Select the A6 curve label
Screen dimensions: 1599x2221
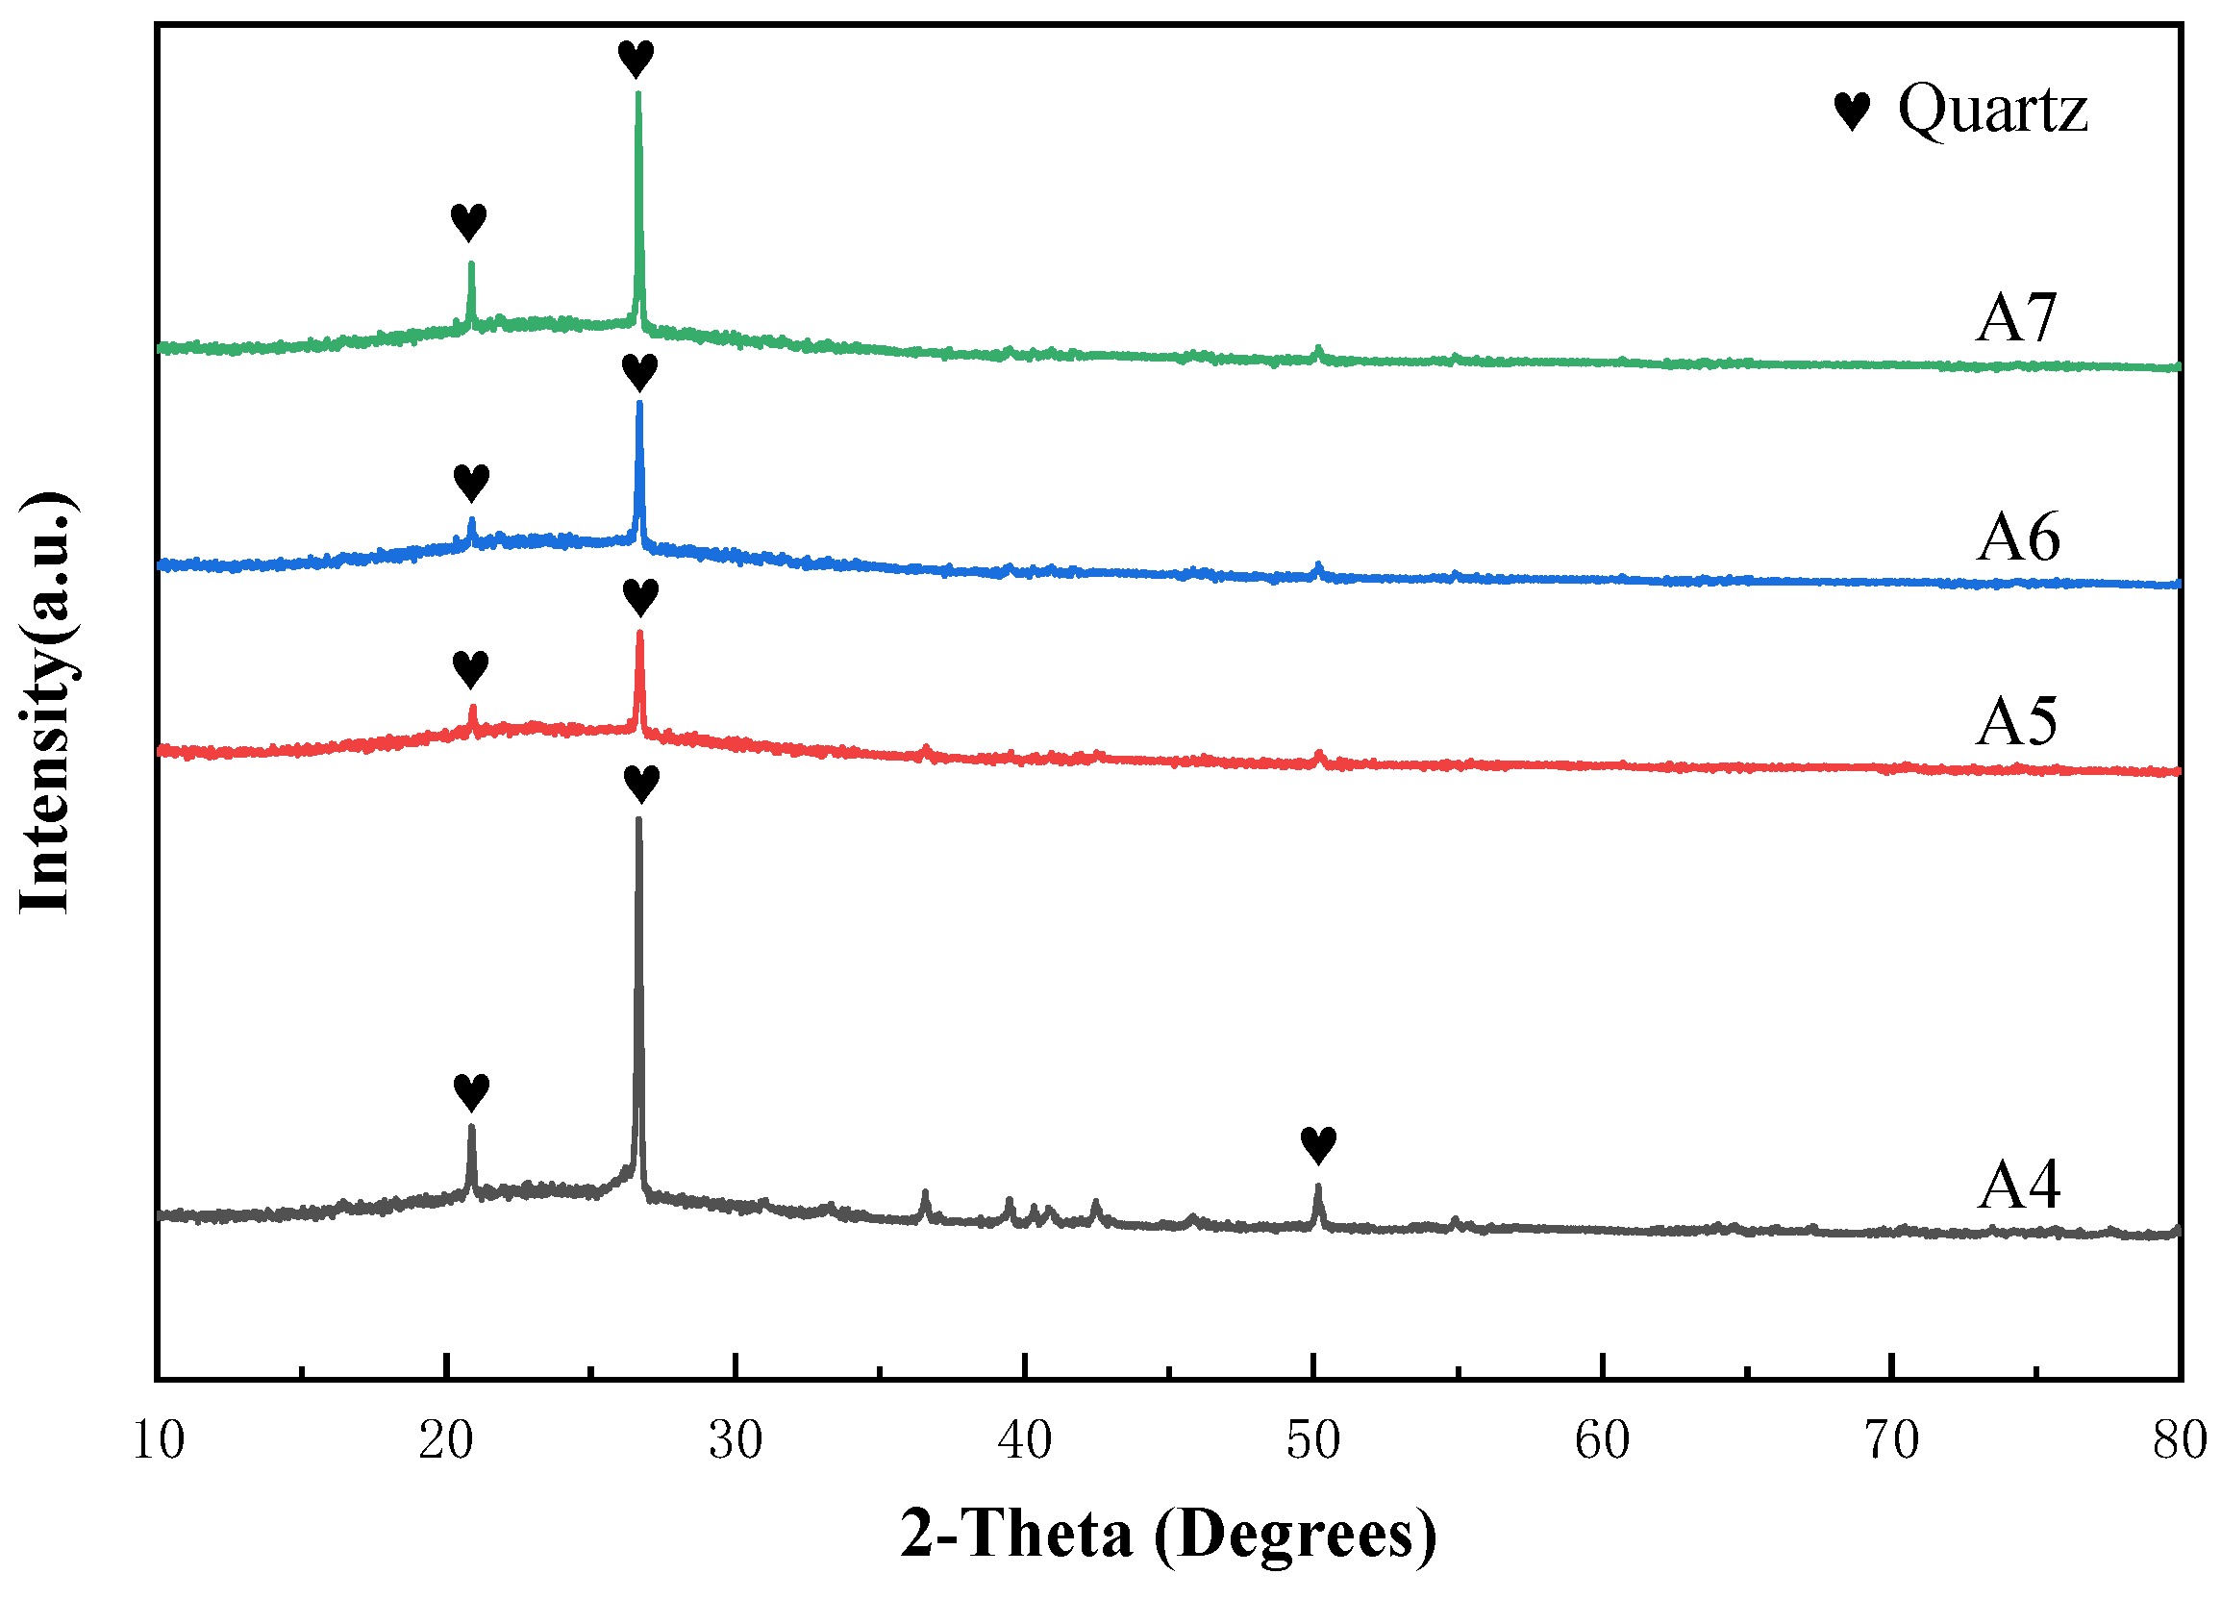(x=2017, y=537)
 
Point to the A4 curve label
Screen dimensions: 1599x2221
(x=2017, y=1185)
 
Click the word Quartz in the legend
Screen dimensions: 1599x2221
(x=1992, y=109)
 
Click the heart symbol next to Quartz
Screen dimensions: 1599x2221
(x=1851, y=112)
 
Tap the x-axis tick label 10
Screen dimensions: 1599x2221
(x=158, y=1441)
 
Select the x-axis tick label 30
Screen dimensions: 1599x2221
(x=736, y=1441)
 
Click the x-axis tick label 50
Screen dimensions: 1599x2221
(x=1313, y=1441)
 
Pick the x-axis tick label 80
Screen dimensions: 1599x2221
(x=2180, y=1441)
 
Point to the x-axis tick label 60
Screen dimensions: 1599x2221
(x=1602, y=1441)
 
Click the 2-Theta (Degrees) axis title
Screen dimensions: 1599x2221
(x=1168, y=1534)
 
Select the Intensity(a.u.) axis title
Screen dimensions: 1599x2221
(x=46, y=702)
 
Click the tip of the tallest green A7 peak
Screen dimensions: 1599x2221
(x=638, y=94)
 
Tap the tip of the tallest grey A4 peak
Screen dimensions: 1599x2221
(x=638, y=819)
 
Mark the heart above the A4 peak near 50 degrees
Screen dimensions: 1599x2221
(x=1318, y=1144)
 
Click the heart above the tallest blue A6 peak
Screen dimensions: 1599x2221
(x=639, y=372)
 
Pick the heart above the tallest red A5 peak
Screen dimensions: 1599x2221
(x=640, y=596)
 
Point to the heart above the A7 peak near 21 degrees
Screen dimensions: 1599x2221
(x=469, y=222)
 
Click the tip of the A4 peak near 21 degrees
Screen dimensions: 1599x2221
(x=471, y=1127)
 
